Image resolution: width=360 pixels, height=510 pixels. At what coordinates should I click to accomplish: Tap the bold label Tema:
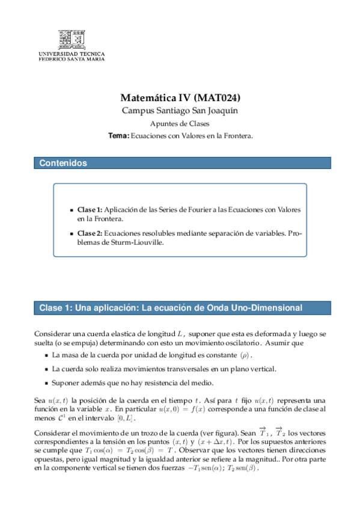pyautogui.click(x=118, y=136)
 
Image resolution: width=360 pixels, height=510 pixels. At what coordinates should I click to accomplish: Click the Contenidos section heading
pyautogui.click(x=63, y=163)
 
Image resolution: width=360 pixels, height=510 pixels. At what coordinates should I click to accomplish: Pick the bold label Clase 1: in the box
pyautogui.click(x=90, y=210)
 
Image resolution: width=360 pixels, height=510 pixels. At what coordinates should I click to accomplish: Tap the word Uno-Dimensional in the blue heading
pyautogui.click(x=264, y=308)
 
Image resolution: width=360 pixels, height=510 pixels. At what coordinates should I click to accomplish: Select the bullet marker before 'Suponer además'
pyautogui.click(x=46, y=382)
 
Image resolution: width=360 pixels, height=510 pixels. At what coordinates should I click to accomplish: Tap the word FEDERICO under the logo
pyautogui.click(x=52, y=59)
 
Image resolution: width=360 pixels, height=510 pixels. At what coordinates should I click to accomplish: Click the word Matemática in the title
pyautogui.click(x=147, y=98)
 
